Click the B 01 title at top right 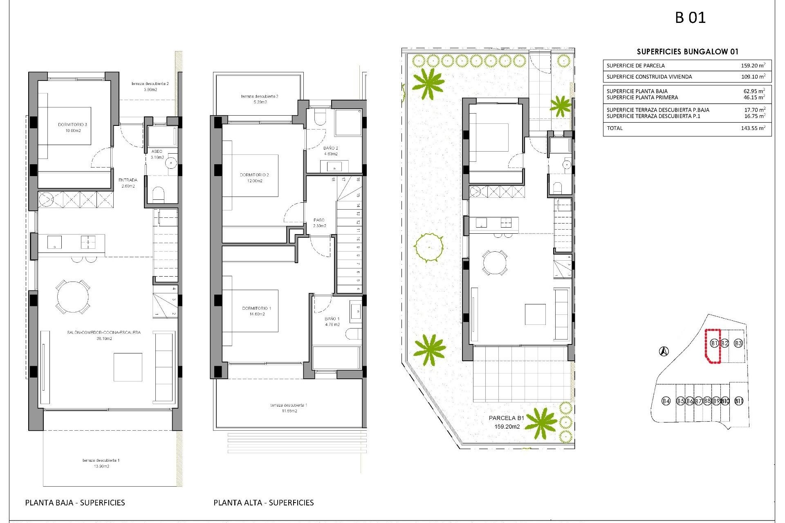coord(690,18)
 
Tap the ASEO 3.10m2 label coord(157,154)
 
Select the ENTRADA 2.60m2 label coord(128,183)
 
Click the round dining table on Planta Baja coord(73,297)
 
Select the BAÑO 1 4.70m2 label coord(332,322)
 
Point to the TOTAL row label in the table coord(615,128)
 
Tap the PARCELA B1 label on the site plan coord(506,418)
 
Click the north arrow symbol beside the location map coord(664,351)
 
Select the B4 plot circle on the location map coord(666,401)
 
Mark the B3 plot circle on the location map coord(738,343)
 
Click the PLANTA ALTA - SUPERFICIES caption coord(263,503)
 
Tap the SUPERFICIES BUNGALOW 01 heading coord(687,51)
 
